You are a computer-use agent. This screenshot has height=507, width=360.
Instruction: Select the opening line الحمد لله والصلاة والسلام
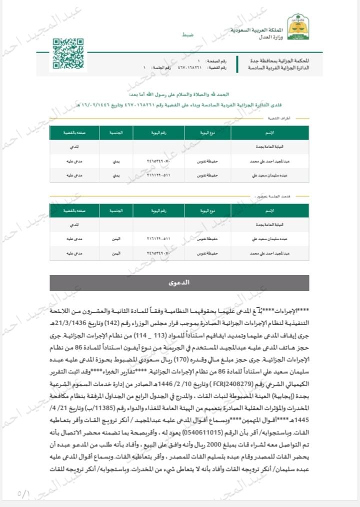(x=180, y=94)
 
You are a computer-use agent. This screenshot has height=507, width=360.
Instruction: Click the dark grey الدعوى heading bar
(x=179, y=282)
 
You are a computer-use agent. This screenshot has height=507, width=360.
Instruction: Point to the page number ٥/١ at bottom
(x=23, y=493)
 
